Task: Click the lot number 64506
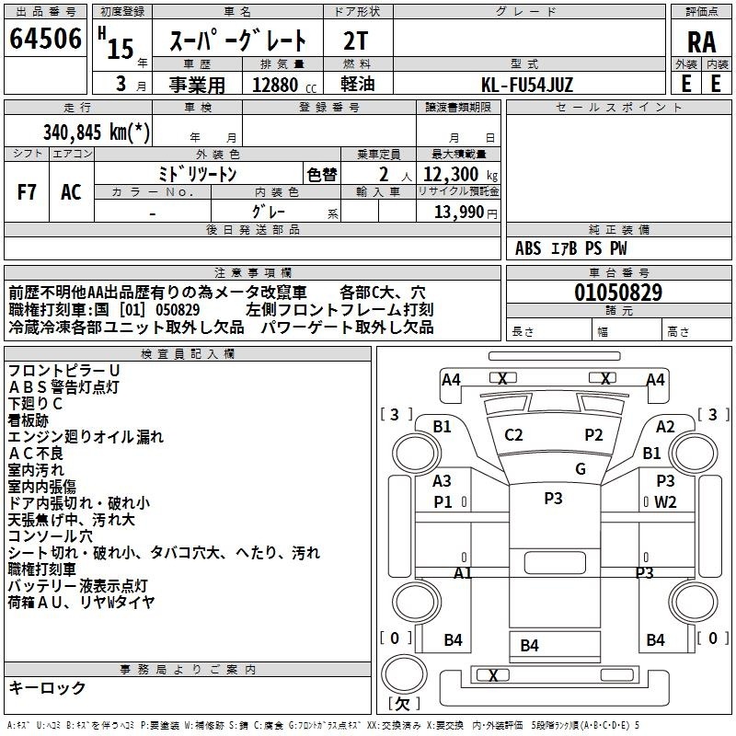(x=44, y=40)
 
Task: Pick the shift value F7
(x=27, y=191)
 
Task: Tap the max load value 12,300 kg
(x=459, y=174)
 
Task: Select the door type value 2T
(x=355, y=40)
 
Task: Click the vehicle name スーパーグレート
(x=242, y=41)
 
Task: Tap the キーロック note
(x=47, y=687)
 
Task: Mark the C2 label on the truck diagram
(x=513, y=434)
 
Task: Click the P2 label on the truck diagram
(x=593, y=434)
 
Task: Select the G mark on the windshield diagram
(x=580, y=468)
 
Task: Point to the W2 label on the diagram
(x=665, y=502)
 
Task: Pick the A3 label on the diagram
(x=442, y=481)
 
